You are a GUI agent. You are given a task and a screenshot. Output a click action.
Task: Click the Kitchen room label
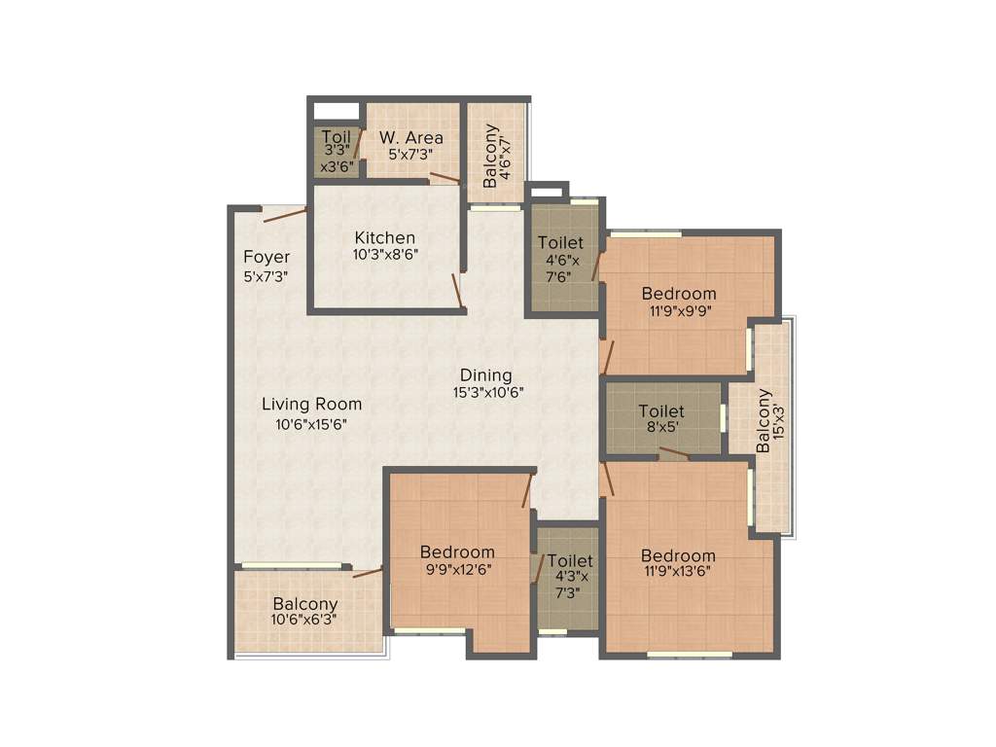point(384,237)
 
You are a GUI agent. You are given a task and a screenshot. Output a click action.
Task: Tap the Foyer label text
point(266,258)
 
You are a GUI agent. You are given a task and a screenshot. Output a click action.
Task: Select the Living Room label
point(311,404)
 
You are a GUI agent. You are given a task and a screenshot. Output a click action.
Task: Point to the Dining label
point(485,375)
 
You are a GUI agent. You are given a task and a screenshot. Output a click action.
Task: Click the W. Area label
point(410,137)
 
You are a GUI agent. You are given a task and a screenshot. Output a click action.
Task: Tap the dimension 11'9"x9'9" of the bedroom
point(679,312)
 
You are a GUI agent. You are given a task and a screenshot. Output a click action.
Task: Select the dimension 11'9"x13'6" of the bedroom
point(679,571)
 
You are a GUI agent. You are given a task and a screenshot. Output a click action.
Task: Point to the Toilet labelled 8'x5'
point(661,419)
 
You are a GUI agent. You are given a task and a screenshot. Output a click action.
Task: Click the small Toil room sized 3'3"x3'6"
point(336,151)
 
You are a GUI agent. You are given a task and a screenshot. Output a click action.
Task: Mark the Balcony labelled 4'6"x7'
point(495,156)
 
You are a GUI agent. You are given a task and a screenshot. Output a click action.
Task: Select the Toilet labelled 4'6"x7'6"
point(561,259)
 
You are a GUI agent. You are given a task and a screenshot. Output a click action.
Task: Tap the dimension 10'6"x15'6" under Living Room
point(311,424)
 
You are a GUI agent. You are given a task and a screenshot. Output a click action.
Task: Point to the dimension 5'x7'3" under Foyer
point(266,276)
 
